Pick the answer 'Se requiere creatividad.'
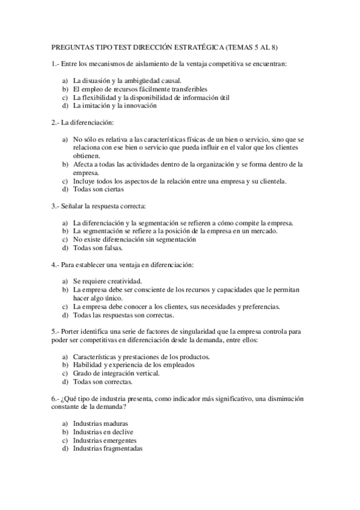tap(108, 281)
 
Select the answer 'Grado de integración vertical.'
tap(117, 373)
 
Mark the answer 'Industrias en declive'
tap(103, 432)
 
